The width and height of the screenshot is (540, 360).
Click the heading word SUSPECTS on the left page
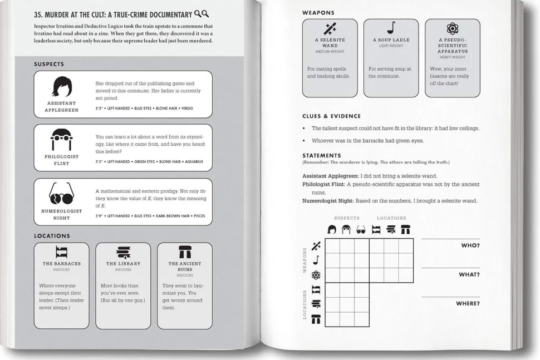click(x=49, y=65)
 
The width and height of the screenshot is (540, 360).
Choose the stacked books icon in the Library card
click(x=122, y=253)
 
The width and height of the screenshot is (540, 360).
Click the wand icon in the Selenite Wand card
click(x=330, y=29)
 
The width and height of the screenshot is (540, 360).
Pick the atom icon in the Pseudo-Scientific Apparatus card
click(x=452, y=28)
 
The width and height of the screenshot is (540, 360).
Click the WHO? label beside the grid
click(x=470, y=245)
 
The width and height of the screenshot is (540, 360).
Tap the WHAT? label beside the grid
click(x=469, y=274)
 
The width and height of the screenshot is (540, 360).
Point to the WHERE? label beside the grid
click(x=468, y=303)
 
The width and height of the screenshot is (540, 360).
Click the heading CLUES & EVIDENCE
click(x=331, y=116)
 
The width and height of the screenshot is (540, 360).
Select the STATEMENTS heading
click(x=322, y=155)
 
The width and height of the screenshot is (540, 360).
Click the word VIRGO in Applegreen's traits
click(x=187, y=109)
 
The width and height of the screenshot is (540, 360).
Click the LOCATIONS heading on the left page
click(x=52, y=236)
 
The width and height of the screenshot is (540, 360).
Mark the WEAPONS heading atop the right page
click(x=318, y=12)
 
